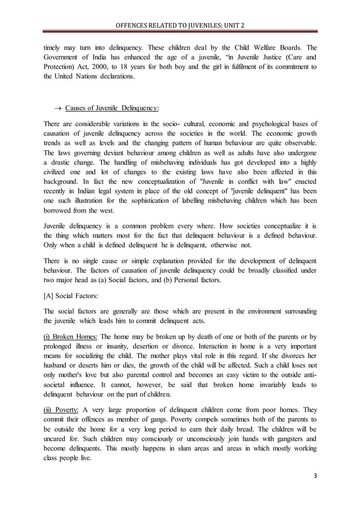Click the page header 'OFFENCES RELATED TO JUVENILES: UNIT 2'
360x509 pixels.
click(x=179, y=25)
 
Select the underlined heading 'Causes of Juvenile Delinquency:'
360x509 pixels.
click(x=112, y=108)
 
